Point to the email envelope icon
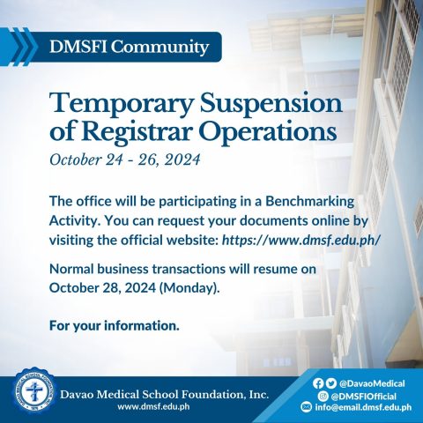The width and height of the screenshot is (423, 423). click(306, 407)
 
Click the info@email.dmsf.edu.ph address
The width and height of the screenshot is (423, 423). click(363, 407)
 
